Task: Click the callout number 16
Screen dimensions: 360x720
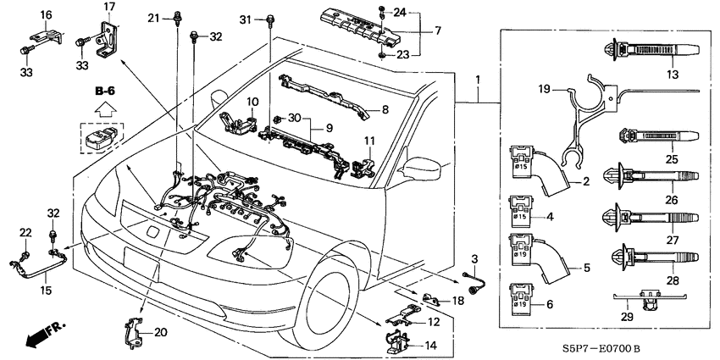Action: pos(46,14)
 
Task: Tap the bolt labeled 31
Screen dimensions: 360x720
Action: pos(269,20)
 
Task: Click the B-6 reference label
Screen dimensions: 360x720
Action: pos(105,89)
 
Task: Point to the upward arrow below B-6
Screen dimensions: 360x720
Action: pos(104,108)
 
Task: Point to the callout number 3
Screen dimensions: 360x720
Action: pos(474,258)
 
